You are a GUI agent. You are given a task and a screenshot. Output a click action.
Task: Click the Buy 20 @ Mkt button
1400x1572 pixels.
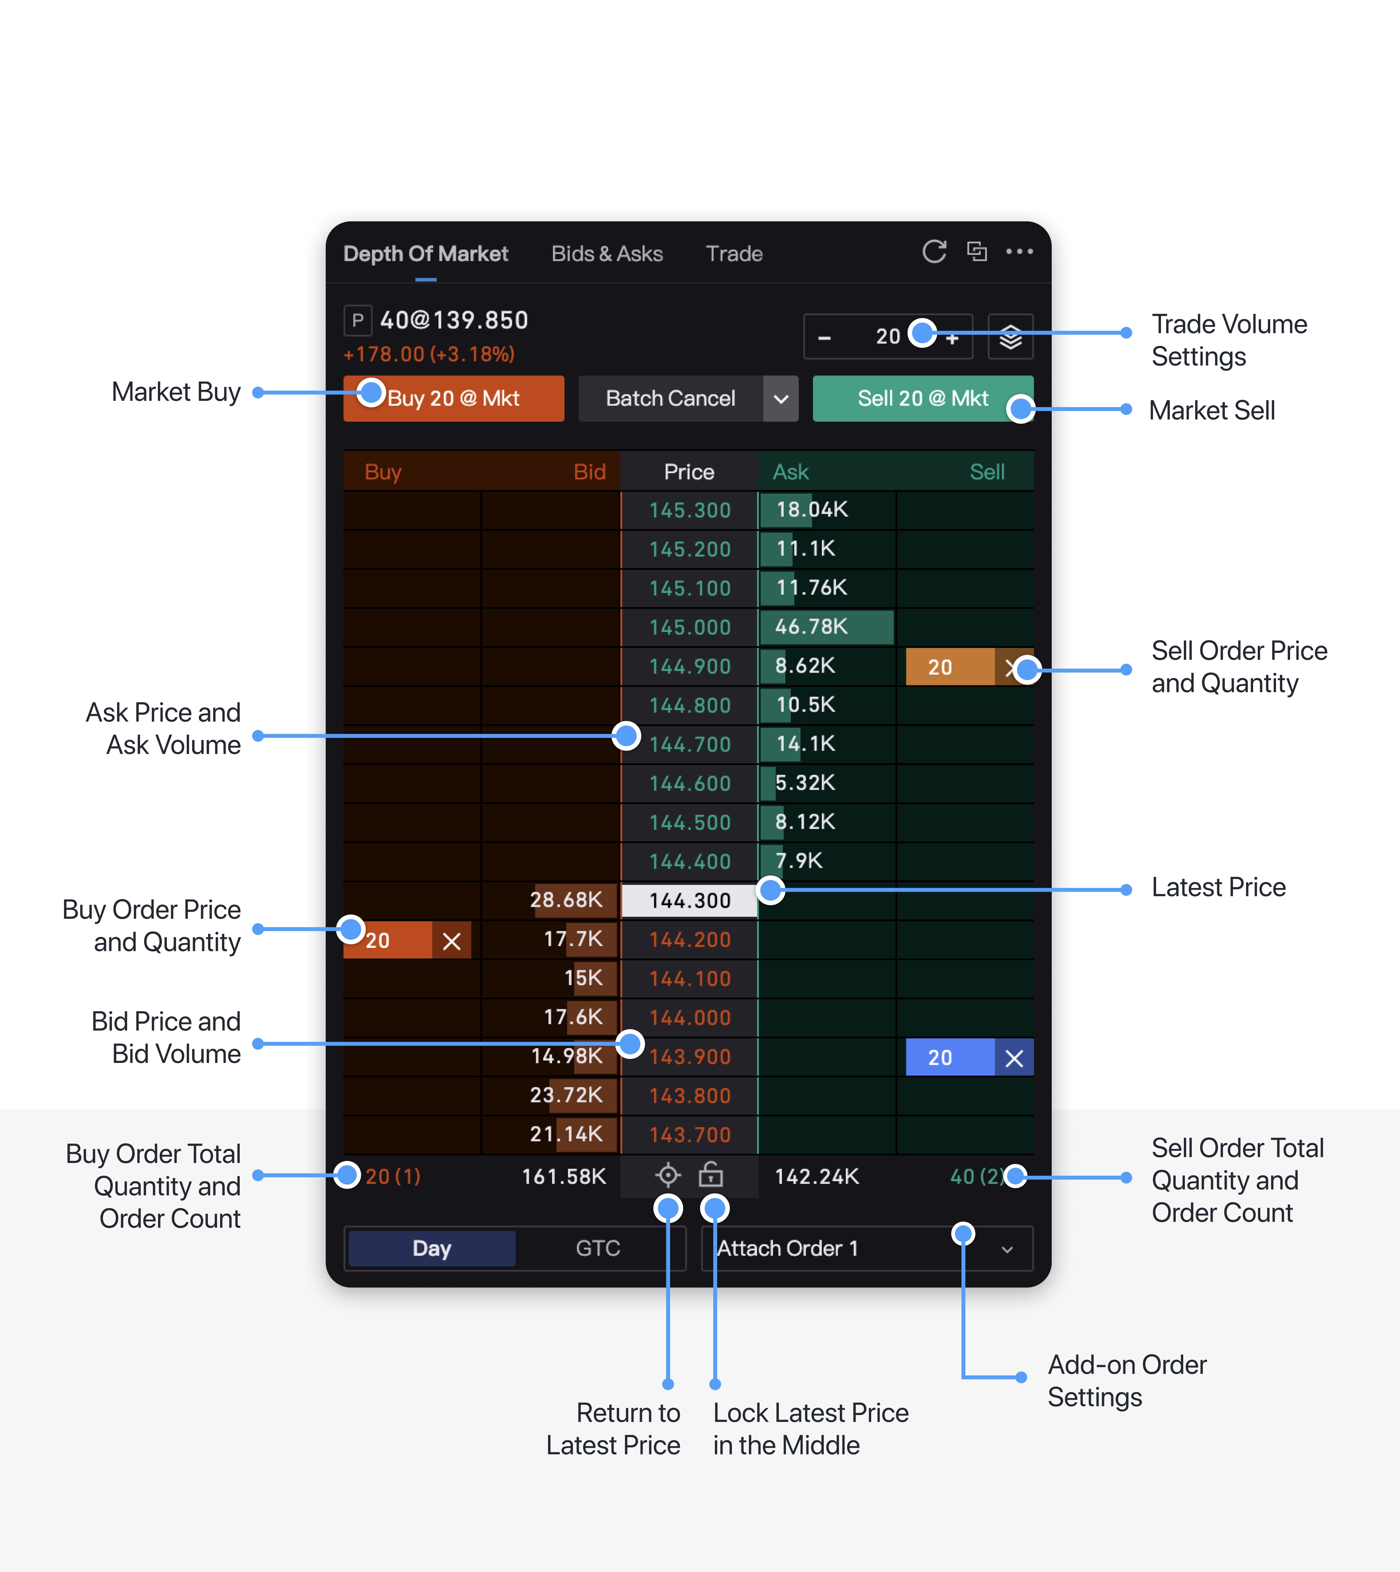pos(453,398)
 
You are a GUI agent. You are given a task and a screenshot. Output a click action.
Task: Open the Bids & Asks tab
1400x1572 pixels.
pos(607,254)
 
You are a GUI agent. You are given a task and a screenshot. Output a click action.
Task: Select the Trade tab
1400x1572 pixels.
pos(734,254)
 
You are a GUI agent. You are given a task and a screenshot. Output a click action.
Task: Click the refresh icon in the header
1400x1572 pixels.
pos(934,251)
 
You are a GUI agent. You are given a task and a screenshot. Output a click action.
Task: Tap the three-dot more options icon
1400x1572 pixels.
pos(1019,251)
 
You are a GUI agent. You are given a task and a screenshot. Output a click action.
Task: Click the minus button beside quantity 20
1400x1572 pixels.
pos(824,338)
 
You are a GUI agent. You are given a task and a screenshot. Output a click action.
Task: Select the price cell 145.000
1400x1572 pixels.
pos(689,627)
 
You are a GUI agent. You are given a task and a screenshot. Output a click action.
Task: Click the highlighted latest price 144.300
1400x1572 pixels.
pos(689,900)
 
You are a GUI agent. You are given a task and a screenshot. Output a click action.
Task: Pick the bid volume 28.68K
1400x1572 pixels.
pos(566,900)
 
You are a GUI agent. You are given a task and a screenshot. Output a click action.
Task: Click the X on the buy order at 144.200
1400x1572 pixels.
pos(452,941)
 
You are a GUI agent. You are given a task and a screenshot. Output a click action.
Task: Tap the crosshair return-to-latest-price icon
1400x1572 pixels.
pos(668,1175)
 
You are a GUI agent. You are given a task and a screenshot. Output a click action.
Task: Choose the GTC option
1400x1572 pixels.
pos(598,1248)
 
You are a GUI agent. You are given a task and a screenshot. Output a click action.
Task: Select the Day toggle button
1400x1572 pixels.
pos(432,1248)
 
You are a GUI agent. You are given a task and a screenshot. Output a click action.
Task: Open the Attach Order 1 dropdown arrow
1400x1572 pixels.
pos(1007,1249)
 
